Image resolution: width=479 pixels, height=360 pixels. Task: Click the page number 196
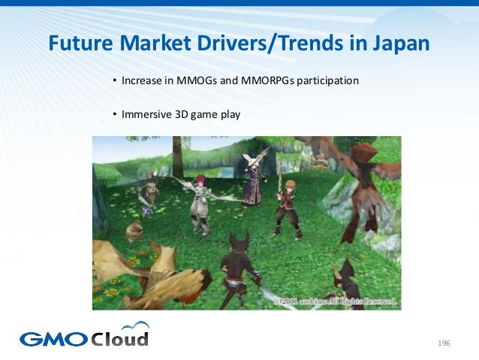(x=443, y=343)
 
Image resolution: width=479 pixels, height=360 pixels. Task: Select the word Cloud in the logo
(x=120, y=337)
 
